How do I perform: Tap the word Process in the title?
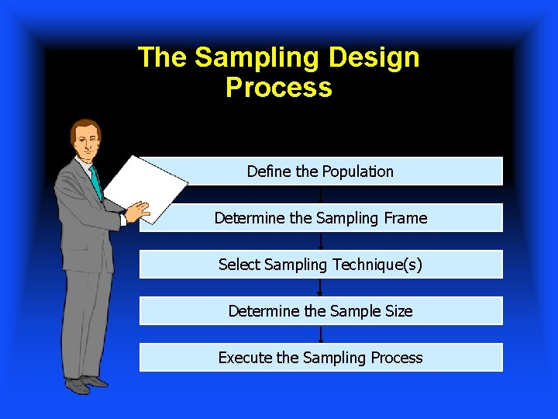[278, 88]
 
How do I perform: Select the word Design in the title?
[374, 58]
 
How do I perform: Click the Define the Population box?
[321, 171]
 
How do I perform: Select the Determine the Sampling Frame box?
[321, 218]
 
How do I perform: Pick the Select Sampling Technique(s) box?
[321, 265]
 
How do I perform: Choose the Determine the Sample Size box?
[321, 311]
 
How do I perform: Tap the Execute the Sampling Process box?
[321, 358]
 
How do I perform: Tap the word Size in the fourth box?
[398, 311]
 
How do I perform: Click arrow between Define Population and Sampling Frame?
[321, 195]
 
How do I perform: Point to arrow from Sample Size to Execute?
[321, 334]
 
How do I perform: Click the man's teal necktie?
[96, 183]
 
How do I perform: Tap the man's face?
[87, 140]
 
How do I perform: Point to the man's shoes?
[86, 383]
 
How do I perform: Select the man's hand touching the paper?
[139, 210]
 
